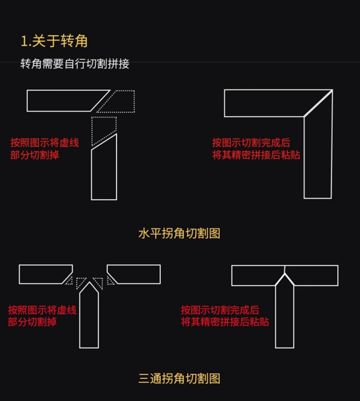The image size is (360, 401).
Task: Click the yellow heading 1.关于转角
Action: (54, 41)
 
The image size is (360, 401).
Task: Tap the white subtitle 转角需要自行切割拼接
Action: (75, 64)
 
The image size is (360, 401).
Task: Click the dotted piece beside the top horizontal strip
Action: (121, 101)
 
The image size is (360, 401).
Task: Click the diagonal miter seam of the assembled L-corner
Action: (318, 103)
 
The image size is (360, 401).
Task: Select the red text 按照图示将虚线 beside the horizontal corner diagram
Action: (45, 143)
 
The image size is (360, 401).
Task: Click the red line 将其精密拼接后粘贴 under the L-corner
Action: (256, 155)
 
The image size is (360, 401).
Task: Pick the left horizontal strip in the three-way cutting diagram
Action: (44, 274)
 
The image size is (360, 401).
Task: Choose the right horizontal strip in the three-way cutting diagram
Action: (135, 274)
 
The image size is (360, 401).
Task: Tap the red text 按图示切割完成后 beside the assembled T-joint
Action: (220, 310)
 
